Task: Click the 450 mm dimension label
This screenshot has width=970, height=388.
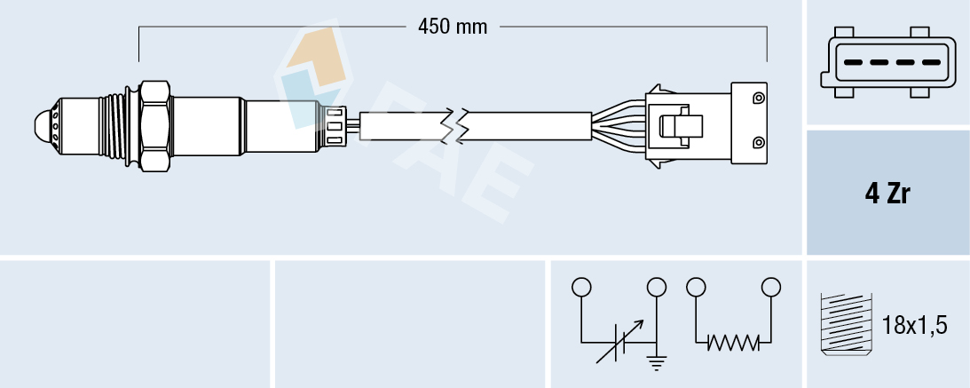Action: (453, 27)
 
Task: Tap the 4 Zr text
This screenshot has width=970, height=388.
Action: (887, 195)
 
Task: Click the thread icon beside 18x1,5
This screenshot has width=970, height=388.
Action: (845, 325)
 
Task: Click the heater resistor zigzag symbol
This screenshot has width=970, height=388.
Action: (733, 342)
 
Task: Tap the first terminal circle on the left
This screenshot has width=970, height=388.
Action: (581, 288)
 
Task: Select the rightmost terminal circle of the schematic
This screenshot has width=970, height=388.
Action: (771, 287)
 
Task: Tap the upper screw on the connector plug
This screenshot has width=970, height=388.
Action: (758, 97)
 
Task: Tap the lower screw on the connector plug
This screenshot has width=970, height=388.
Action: (758, 143)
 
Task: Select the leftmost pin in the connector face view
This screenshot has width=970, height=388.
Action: (851, 62)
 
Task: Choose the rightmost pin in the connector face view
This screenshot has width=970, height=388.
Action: (930, 62)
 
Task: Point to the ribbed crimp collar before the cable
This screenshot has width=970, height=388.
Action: (335, 124)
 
